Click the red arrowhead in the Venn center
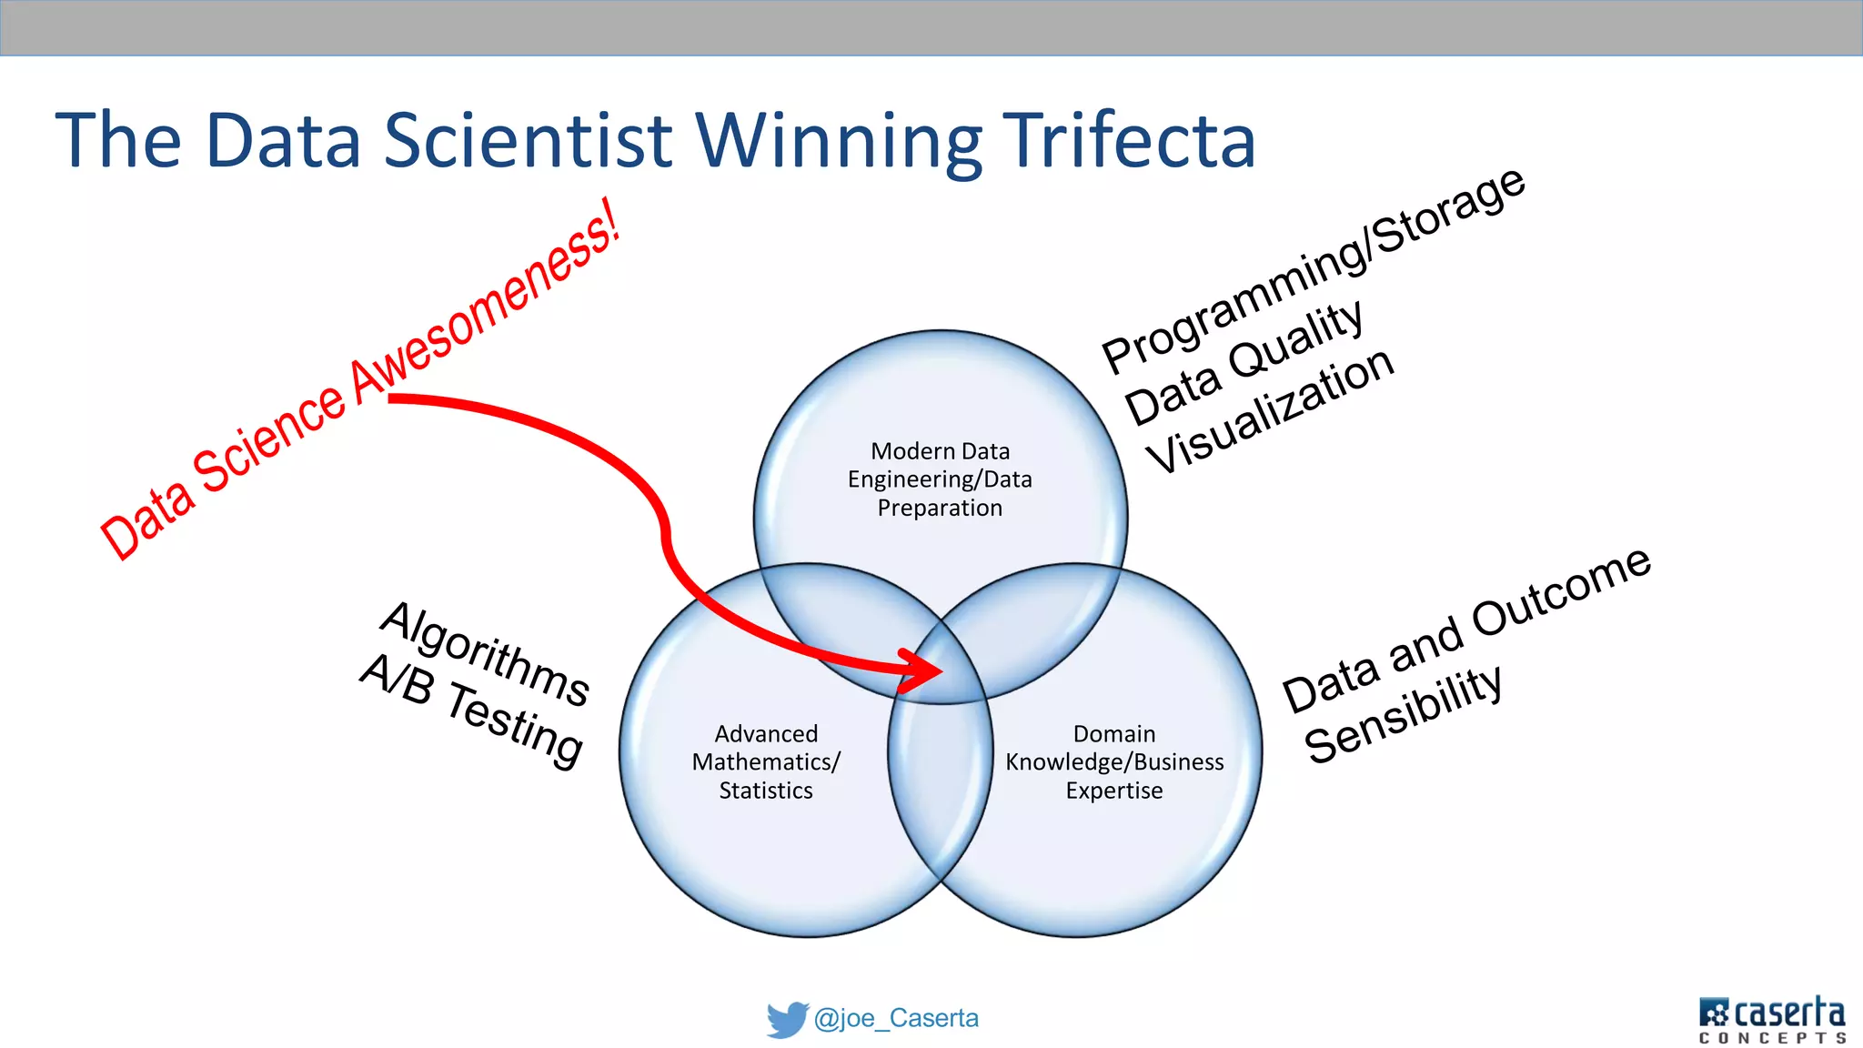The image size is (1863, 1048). tap(923, 670)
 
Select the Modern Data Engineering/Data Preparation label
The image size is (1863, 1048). tap(940, 479)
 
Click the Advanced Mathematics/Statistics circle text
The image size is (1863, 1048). tap(766, 761)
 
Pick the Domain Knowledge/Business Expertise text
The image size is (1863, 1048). tap(1114, 761)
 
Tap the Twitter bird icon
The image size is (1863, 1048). tap(787, 1019)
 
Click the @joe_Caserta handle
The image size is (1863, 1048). tap(896, 1018)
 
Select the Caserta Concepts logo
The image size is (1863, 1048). tap(1771, 1019)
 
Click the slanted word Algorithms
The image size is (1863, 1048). tap(486, 653)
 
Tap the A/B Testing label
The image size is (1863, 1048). tap(471, 710)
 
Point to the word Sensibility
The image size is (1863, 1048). tap(1403, 714)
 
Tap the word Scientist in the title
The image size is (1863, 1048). tap(528, 140)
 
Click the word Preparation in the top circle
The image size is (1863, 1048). tap(940, 508)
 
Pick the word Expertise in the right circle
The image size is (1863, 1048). tap(1114, 791)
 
